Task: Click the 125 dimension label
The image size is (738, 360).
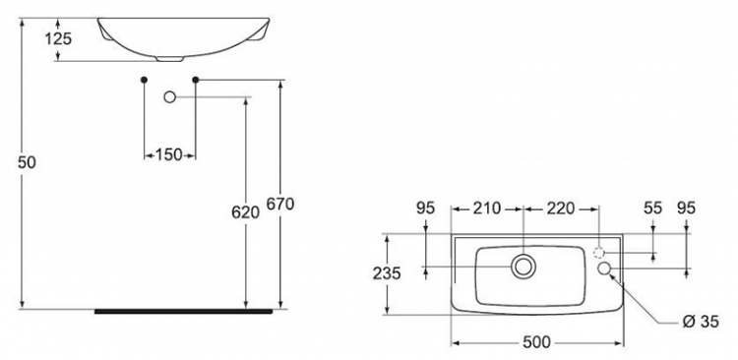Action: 58,38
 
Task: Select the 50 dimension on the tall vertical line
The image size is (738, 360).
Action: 27,163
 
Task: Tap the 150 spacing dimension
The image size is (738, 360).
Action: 168,154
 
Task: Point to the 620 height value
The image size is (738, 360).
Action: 245,212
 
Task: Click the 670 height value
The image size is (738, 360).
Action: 280,204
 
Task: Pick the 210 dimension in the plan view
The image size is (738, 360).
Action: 487,208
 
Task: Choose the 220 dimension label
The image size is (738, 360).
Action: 561,208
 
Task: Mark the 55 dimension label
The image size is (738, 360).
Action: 652,208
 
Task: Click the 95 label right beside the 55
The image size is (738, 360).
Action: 685,208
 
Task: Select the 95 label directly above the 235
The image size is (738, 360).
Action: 425,208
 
